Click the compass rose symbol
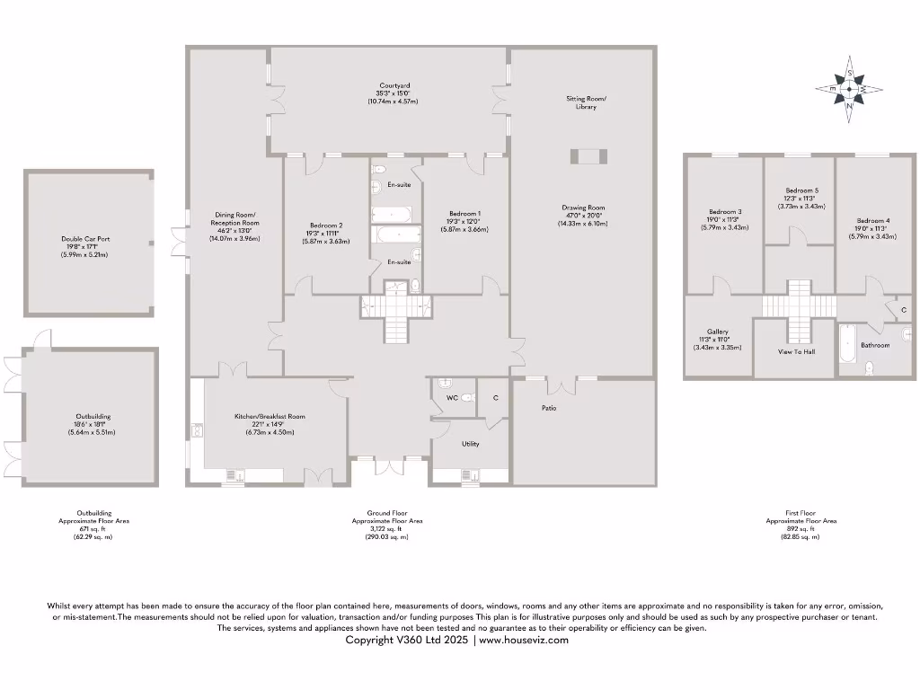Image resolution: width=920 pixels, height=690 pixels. [x=849, y=89]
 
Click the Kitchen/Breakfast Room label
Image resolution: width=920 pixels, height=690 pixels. [x=270, y=416]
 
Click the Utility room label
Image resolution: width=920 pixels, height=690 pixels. [x=470, y=444]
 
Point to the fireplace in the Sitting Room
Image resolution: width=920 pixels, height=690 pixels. [x=588, y=157]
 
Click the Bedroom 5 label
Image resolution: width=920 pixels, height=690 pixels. [x=801, y=190]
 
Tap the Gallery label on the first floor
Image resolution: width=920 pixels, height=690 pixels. [x=717, y=332]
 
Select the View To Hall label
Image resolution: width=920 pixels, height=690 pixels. [x=796, y=352]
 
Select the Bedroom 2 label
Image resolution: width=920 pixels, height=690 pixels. [x=326, y=226]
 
